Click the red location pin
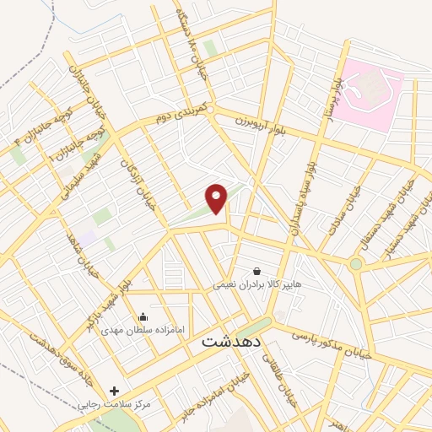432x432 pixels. coord(217,197)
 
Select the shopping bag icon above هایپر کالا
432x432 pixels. coord(256,272)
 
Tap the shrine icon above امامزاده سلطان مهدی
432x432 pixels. coord(143,317)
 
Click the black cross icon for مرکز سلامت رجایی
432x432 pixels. coord(115,391)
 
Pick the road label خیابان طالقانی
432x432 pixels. coord(280,380)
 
